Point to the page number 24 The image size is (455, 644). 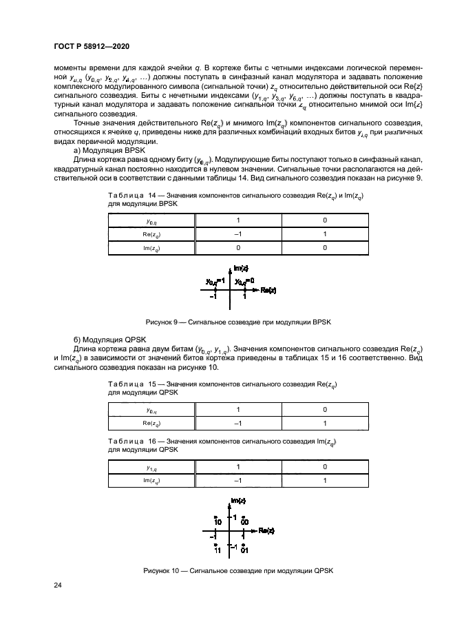(58, 585)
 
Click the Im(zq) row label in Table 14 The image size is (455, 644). (152, 248)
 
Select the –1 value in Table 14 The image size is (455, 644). (238, 234)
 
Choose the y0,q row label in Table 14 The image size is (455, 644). (152, 221)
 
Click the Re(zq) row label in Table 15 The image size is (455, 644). (152, 422)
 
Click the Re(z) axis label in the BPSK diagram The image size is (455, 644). (267, 291)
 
